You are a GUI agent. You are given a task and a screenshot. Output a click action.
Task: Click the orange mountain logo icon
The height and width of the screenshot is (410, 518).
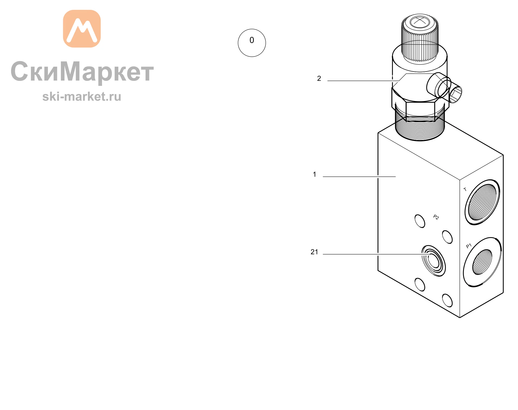click(82, 29)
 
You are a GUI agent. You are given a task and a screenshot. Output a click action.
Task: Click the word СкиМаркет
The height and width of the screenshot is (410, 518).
click(82, 72)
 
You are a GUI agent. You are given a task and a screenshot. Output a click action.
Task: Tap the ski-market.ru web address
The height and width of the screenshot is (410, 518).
click(82, 96)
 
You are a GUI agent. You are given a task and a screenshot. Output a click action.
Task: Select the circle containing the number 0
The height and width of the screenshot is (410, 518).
click(252, 43)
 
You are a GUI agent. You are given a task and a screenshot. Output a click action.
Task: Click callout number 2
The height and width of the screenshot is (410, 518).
click(319, 79)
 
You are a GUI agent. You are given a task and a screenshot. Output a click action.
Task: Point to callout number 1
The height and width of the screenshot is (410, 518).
click(315, 174)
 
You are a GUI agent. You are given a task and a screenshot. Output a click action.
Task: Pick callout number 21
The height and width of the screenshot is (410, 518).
click(314, 252)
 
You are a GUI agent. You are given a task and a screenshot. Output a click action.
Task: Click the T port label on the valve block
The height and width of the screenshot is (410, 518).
click(465, 189)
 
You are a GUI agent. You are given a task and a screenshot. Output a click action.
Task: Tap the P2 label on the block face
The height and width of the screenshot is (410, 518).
click(436, 217)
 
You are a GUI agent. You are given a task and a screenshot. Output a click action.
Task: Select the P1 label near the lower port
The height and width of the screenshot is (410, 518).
click(469, 246)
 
